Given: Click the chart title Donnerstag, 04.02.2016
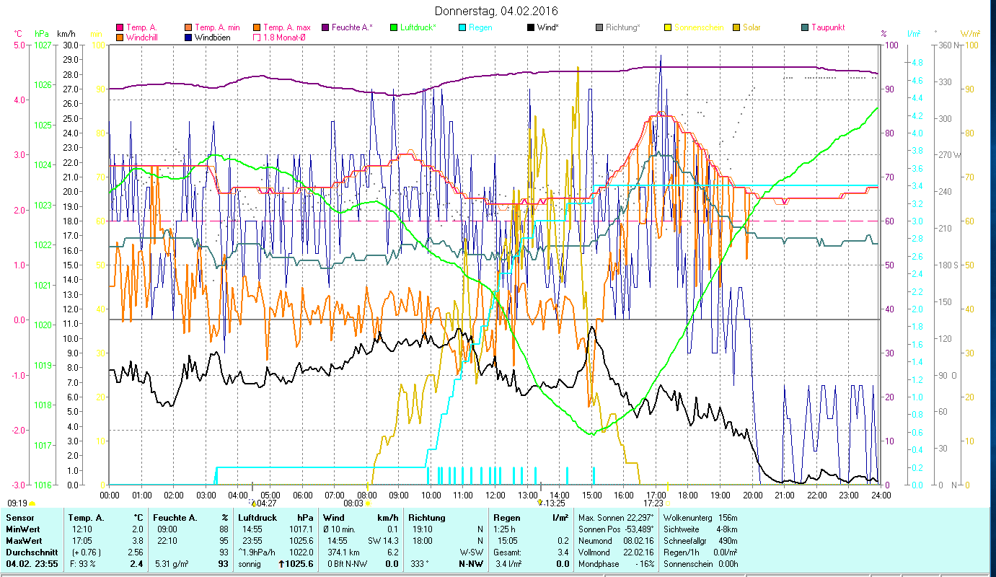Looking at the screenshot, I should tap(497, 11).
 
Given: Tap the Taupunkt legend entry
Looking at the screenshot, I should tap(828, 27).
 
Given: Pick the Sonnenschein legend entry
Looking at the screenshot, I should tap(698, 27).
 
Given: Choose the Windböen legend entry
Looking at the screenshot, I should tap(212, 37).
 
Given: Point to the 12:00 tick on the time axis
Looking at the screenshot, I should tap(495, 495).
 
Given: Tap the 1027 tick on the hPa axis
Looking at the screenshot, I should tap(43, 45).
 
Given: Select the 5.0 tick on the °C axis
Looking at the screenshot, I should tap(19, 45).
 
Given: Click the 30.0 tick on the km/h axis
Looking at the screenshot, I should tap(71, 45).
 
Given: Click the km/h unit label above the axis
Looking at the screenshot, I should tap(66, 34).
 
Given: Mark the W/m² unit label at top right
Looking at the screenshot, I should tap(970, 34).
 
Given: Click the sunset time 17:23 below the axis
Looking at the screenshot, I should tap(653, 503).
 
